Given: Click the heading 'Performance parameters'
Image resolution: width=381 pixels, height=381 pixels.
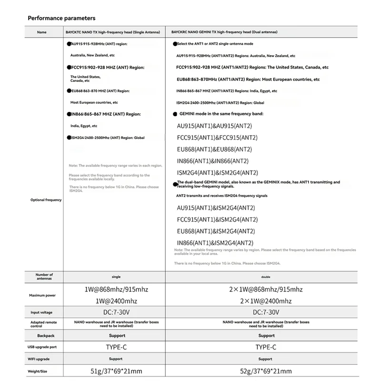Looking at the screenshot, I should [61, 18].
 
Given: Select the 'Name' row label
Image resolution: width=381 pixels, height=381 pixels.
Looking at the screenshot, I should [41, 32].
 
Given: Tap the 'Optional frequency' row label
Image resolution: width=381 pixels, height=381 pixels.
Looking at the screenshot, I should [46, 200].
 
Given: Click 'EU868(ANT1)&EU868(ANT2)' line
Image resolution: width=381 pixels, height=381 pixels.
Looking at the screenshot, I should [217, 150].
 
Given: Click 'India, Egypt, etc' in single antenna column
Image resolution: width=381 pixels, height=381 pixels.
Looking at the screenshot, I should [84, 126].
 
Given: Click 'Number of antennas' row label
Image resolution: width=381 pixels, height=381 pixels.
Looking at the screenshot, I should [44, 277].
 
